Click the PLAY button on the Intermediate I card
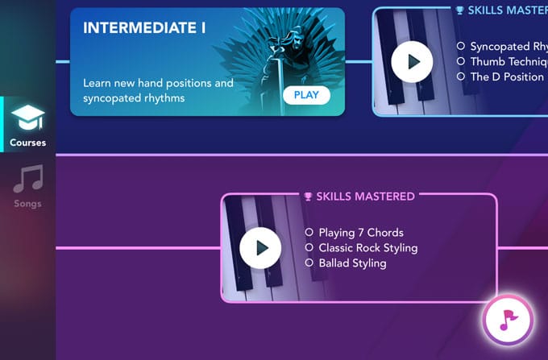[306, 95]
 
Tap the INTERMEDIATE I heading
[144, 28]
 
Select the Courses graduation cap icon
[27, 119]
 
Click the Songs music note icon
[27, 179]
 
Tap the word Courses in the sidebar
[27, 143]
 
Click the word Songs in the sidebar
[27, 204]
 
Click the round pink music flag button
[508, 320]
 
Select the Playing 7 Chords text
[359, 233]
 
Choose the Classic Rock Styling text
[367, 248]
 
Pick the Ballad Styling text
[352, 263]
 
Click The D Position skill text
[507, 77]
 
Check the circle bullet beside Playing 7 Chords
[309, 233]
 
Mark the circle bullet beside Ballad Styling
[309, 263]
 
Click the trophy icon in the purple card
[308, 196]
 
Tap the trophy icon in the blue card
[459, 10]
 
